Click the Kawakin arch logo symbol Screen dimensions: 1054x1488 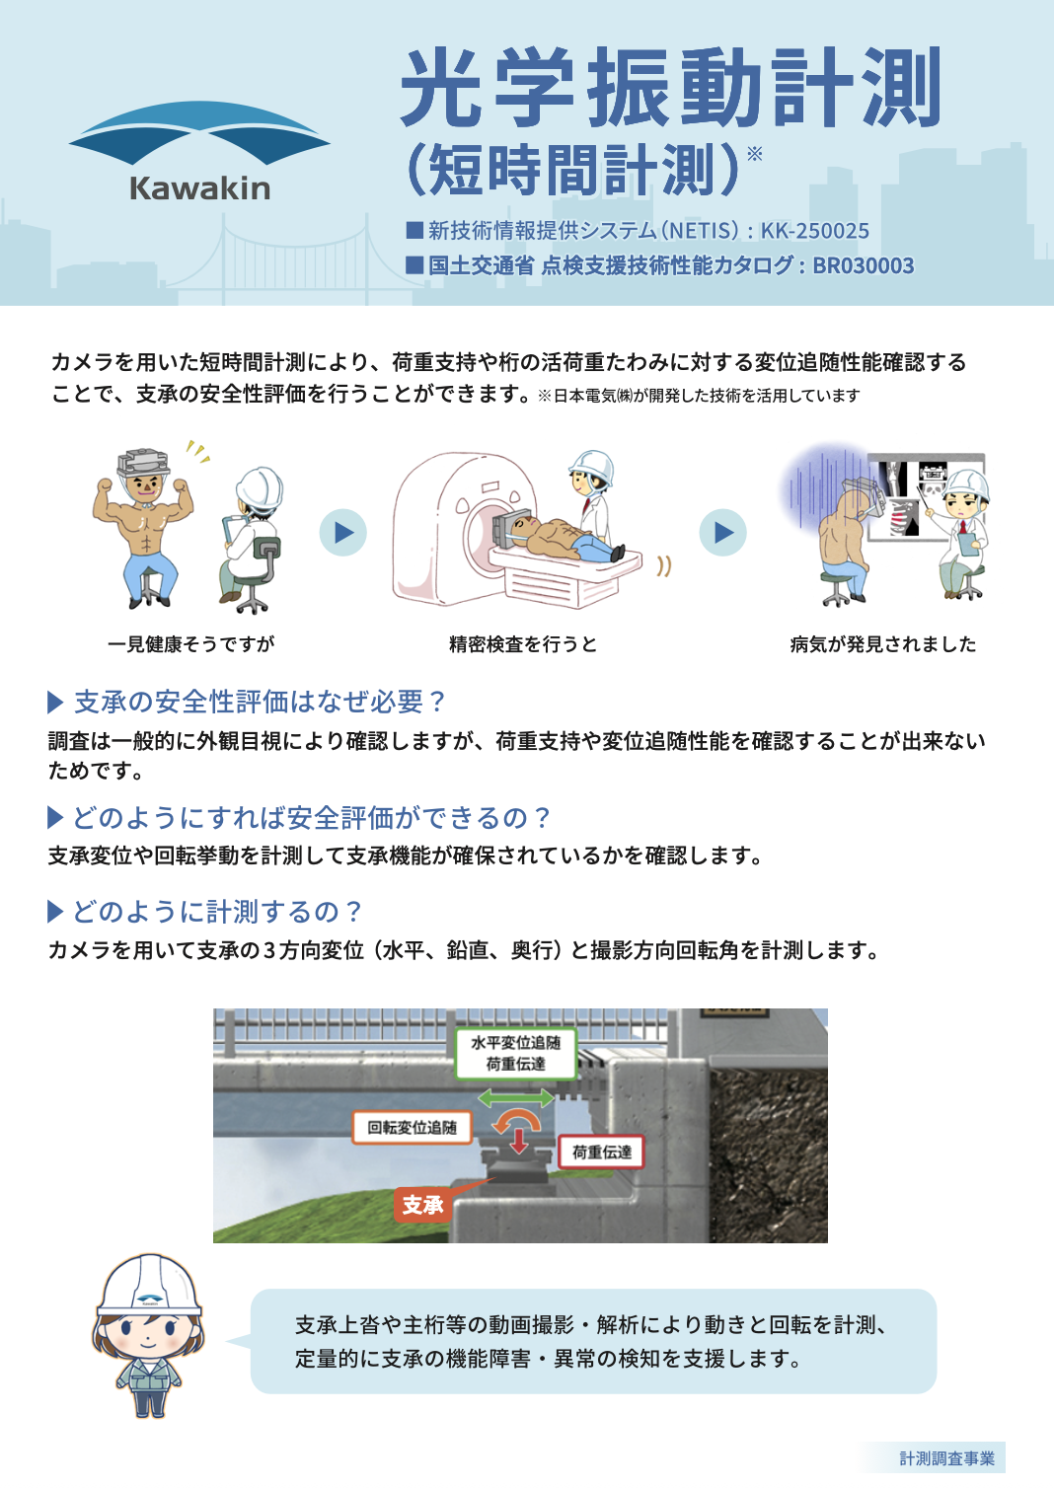click(x=199, y=133)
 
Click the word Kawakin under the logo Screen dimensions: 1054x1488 click(x=200, y=188)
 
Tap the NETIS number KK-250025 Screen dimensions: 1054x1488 click(x=815, y=231)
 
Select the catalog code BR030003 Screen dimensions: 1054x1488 click(x=864, y=265)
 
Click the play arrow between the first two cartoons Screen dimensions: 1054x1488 click(x=342, y=532)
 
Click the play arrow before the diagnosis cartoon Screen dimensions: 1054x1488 click(x=723, y=532)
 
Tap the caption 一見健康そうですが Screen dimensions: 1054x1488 click(x=190, y=643)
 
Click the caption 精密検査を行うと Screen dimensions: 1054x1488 click(x=523, y=643)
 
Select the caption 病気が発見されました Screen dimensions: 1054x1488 click(x=883, y=643)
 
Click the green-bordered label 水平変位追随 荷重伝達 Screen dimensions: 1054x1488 click(x=516, y=1054)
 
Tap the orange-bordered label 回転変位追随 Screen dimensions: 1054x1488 click(x=413, y=1127)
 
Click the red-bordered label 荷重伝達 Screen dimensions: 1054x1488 click(x=601, y=1152)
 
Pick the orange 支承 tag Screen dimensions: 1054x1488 click(x=423, y=1205)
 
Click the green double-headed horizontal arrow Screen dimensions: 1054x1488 click(x=516, y=1097)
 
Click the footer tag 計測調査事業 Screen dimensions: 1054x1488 click(x=947, y=1458)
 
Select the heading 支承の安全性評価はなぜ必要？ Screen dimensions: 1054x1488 click(x=260, y=703)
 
